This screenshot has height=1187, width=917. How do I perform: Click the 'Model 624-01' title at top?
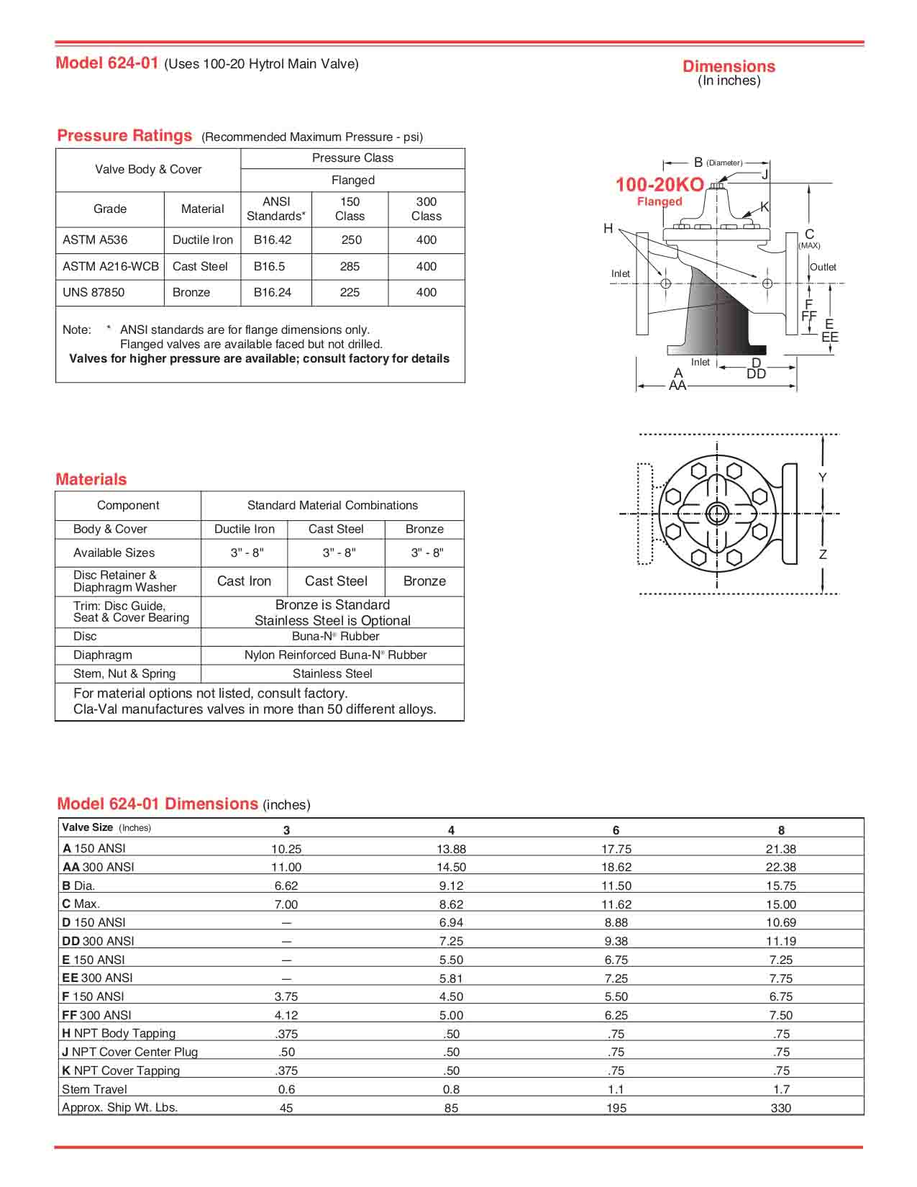coord(106,63)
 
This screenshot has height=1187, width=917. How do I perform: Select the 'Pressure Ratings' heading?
coord(124,135)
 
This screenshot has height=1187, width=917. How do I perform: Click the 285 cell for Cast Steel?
coord(350,266)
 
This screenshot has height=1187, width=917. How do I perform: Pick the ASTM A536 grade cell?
coord(95,240)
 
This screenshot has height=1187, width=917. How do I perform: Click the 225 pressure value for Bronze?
coord(350,292)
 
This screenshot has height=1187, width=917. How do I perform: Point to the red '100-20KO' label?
coord(659,185)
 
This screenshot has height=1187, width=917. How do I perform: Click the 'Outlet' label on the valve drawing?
coord(823,267)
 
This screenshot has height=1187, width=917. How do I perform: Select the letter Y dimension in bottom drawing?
coord(823,478)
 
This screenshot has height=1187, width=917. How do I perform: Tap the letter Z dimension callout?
coord(823,555)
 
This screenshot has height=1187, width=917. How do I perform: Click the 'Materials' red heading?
coord(91,479)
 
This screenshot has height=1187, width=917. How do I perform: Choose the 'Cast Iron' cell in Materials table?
coord(244,581)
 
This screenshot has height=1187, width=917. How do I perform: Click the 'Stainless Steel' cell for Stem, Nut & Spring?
coord(332,674)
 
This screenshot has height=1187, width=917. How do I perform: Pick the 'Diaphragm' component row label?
coord(102,655)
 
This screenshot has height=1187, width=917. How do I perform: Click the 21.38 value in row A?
coord(780,849)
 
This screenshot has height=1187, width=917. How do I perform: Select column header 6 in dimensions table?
coord(616,830)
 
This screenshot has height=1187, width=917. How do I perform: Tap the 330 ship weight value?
coord(780,1109)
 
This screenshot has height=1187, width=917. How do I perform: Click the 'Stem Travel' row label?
coord(94,1089)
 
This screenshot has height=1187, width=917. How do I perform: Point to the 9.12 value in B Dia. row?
coord(451,886)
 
